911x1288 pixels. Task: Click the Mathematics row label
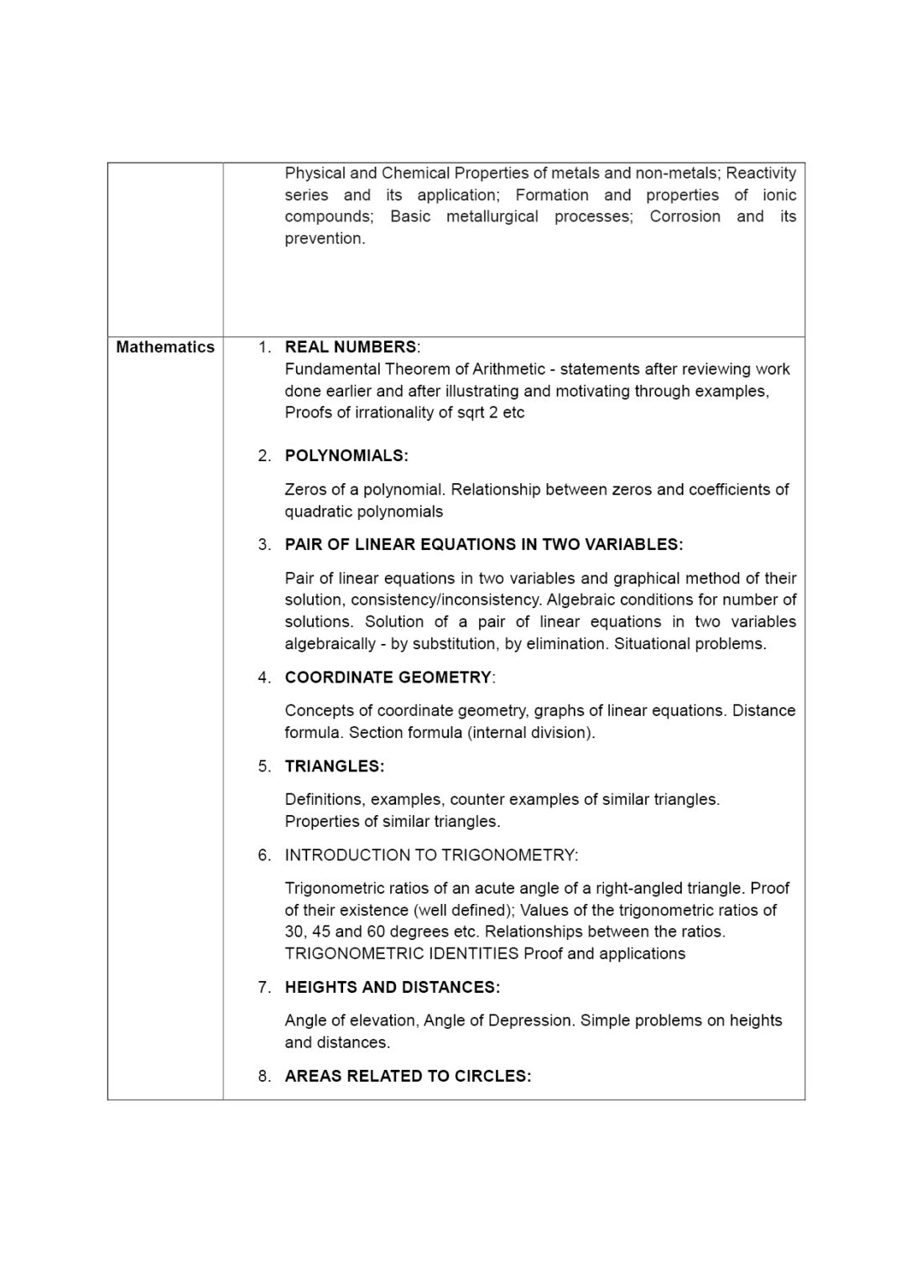point(165,347)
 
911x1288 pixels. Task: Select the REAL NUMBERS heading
point(351,347)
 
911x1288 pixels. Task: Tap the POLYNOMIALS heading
point(346,456)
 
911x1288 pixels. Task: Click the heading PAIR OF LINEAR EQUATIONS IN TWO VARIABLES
point(483,545)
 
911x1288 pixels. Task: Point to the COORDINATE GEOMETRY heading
point(388,678)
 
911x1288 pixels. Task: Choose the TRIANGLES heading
point(334,766)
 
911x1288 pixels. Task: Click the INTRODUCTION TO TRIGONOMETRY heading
point(431,855)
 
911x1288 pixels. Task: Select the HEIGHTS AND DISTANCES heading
point(392,988)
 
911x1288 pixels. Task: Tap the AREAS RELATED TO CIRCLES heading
point(408,1077)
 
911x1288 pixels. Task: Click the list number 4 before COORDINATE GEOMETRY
point(264,678)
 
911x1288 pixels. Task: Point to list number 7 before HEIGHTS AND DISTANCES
point(264,988)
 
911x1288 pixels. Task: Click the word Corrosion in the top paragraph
point(685,216)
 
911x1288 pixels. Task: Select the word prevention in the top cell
point(324,238)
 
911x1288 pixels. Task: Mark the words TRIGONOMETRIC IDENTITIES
point(402,953)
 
